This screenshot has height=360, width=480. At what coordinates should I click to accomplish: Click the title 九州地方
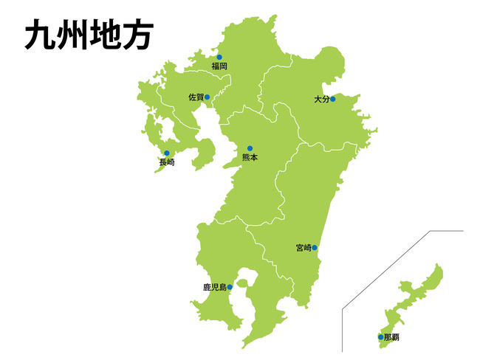(x=88, y=35)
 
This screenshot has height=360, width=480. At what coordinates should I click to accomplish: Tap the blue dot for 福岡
(x=219, y=57)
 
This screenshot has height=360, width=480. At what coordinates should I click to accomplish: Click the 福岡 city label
(x=219, y=66)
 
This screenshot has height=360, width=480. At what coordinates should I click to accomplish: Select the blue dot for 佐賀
(x=208, y=97)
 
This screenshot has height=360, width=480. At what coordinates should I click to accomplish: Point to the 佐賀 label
(x=195, y=97)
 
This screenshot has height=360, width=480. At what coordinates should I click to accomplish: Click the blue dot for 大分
(x=333, y=99)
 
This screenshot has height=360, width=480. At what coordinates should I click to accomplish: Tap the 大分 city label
(x=320, y=99)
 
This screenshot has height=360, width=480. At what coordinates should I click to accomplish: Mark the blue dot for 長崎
(x=167, y=153)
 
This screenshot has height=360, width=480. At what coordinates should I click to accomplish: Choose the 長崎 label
(x=167, y=162)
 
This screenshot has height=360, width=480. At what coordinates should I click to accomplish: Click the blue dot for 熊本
(x=250, y=148)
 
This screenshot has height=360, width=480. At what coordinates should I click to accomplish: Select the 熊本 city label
(x=250, y=158)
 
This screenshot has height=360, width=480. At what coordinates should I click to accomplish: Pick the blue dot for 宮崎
(x=315, y=248)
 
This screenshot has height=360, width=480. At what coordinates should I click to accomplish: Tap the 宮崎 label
(x=302, y=248)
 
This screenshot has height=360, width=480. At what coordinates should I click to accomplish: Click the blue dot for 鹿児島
(x=230, y=287)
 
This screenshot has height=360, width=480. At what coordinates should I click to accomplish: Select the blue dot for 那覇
(x=381, y=337)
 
